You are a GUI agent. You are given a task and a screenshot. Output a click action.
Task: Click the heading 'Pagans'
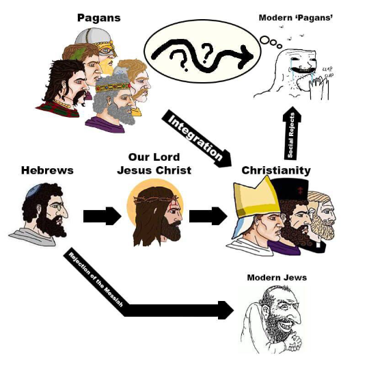click(x=99, y=18)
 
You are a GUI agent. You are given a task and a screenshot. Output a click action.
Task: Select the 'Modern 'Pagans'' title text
click(x=296, y=18)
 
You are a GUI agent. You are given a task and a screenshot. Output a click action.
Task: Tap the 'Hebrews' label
click(x=47, y=170)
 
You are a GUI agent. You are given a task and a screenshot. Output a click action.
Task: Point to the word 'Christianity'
click(x=276, y=171)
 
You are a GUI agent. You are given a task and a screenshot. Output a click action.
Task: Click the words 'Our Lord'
click(x=154, y=157)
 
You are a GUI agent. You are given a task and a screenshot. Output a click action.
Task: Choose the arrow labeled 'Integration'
click(x=197, y=139)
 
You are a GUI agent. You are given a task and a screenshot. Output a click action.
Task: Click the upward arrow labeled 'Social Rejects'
click(x=292, y=133)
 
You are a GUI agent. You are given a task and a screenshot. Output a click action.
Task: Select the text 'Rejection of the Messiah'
click(x=96, y=279)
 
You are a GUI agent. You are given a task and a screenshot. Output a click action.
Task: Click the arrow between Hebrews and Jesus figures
click(x=102, y=216)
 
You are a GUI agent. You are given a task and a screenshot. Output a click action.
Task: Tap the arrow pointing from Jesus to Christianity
click(x=208, y=216)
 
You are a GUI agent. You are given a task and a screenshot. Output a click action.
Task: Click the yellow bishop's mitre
click(x=256, y=198)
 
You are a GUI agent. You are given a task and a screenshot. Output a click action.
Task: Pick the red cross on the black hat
click(x=300, y=190)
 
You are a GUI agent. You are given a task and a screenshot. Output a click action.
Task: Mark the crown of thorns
click(x=155, y=200)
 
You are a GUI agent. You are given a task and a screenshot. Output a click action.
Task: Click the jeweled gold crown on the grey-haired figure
click(x=113, y=87)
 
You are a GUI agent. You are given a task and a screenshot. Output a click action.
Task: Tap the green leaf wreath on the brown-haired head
click(x=78, y=54)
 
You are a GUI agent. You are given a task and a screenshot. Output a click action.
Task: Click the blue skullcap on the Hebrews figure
click(x=34, y=190)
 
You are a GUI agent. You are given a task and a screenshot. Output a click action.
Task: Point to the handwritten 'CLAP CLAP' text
click(x=327, y=72)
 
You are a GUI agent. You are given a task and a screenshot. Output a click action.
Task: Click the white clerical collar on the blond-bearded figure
click(x=318, y=245)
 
